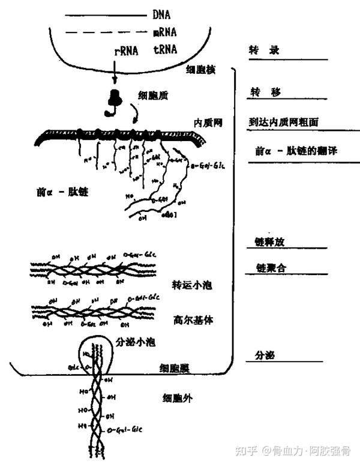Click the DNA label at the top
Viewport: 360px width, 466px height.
coord(162,13)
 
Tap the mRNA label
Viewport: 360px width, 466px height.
coord(164,32)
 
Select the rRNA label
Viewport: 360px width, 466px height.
coord(126,50)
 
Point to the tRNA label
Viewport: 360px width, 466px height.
coord(164,50)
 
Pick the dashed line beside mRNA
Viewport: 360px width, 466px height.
coord(105,32)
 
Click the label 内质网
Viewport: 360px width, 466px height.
coord(208,123)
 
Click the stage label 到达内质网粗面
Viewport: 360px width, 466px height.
coord(283,121)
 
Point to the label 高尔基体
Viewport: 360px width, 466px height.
coord(193,321)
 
